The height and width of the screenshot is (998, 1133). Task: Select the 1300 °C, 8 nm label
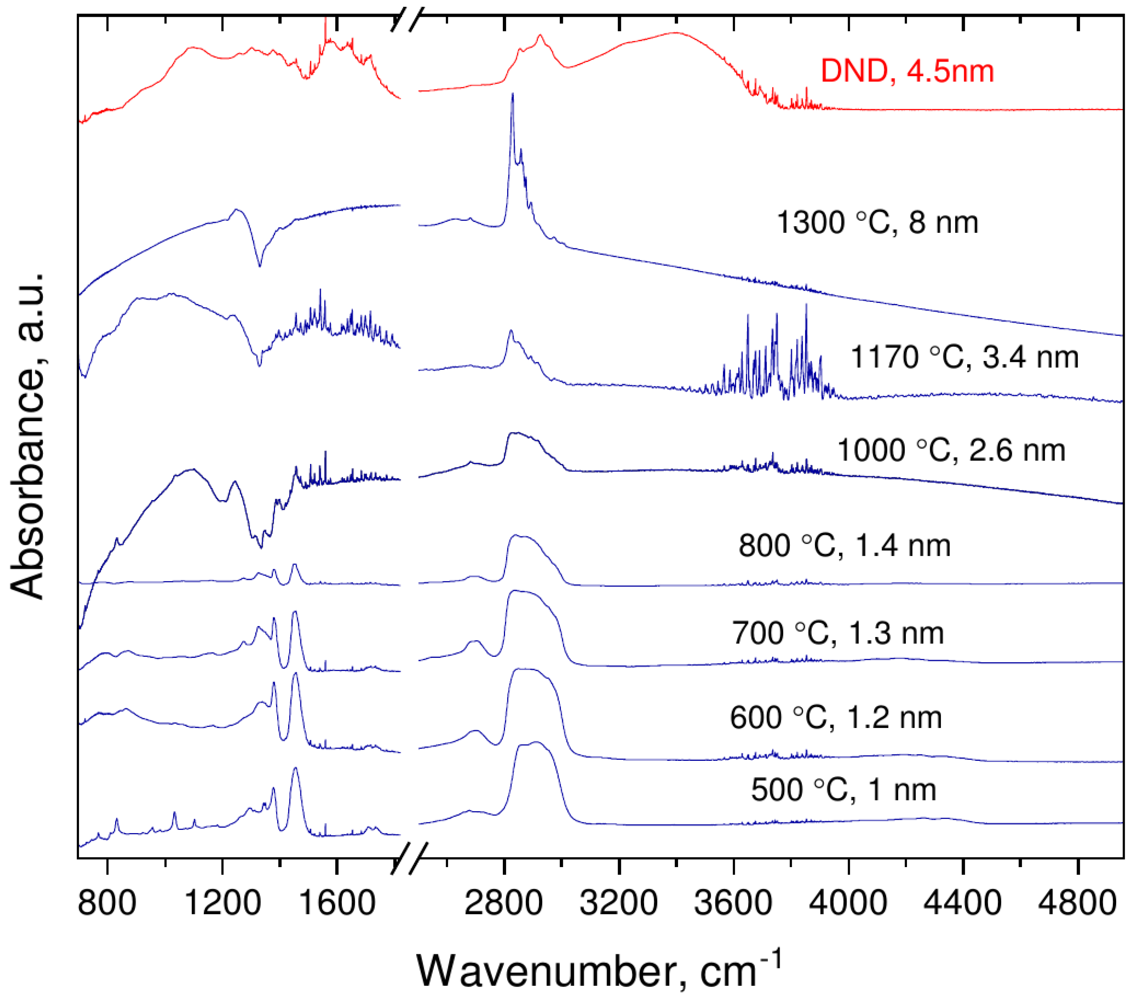pyautogui.click(x=877, y=222)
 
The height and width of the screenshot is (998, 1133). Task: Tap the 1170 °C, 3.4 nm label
pyautogui.click(x=965, y=357)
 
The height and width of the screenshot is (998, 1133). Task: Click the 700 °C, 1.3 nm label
pyautogui.click(x=838, y=633)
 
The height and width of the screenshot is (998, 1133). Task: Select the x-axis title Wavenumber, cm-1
pyautogui.click(x=599, y=970)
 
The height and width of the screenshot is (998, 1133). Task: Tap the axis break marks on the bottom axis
pyautogui.click(x=409, y=859)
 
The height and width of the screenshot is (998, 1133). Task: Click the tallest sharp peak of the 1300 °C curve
pyautogui.click(x=512, y=96)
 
